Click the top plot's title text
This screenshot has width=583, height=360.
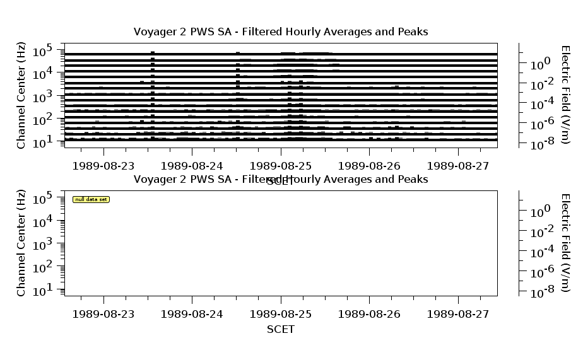point(281,32)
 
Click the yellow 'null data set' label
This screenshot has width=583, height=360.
point(91,199)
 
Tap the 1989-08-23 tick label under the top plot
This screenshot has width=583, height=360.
point(103,166)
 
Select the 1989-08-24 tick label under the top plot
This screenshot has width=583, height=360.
point(192,166)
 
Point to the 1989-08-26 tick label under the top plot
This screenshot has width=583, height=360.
point(369,166)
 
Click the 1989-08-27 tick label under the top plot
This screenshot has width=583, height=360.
point(458,166)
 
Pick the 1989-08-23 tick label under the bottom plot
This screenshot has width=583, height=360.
point(103,313)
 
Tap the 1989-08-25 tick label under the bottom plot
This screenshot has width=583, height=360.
point(281,313)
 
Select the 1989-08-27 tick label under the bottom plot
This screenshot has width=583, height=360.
point(458,313)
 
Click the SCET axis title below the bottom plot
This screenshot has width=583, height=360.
point(281,329)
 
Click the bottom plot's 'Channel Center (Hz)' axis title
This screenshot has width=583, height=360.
point(21,243)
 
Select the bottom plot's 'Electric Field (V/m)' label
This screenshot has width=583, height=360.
point(565,243)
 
